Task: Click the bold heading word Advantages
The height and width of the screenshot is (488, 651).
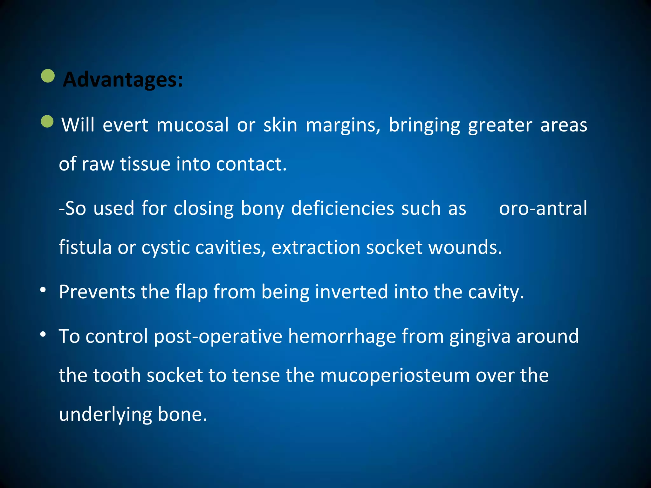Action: [x=122, y=79]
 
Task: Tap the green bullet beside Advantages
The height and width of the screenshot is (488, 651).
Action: [x=48, y=76]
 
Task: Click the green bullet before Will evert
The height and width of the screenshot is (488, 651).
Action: [x=47, y=121]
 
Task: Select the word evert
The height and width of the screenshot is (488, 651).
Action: [x=125, y=125]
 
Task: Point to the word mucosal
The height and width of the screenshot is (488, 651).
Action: [x=192, y=125]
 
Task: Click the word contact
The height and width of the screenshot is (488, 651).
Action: [x=251, y=164]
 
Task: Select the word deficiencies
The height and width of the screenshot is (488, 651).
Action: [x=343, y=208]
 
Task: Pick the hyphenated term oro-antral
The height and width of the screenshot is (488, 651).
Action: [x=543, y=208]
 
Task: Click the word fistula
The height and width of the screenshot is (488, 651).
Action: [x=85, y=247]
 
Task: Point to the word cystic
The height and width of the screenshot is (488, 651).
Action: [x=165, y=248]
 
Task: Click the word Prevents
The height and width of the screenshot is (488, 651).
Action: [x=97, y=292]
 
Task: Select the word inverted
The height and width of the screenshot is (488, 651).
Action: [x=351, y=292]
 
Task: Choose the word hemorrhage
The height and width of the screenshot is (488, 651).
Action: [x=342, y=336]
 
